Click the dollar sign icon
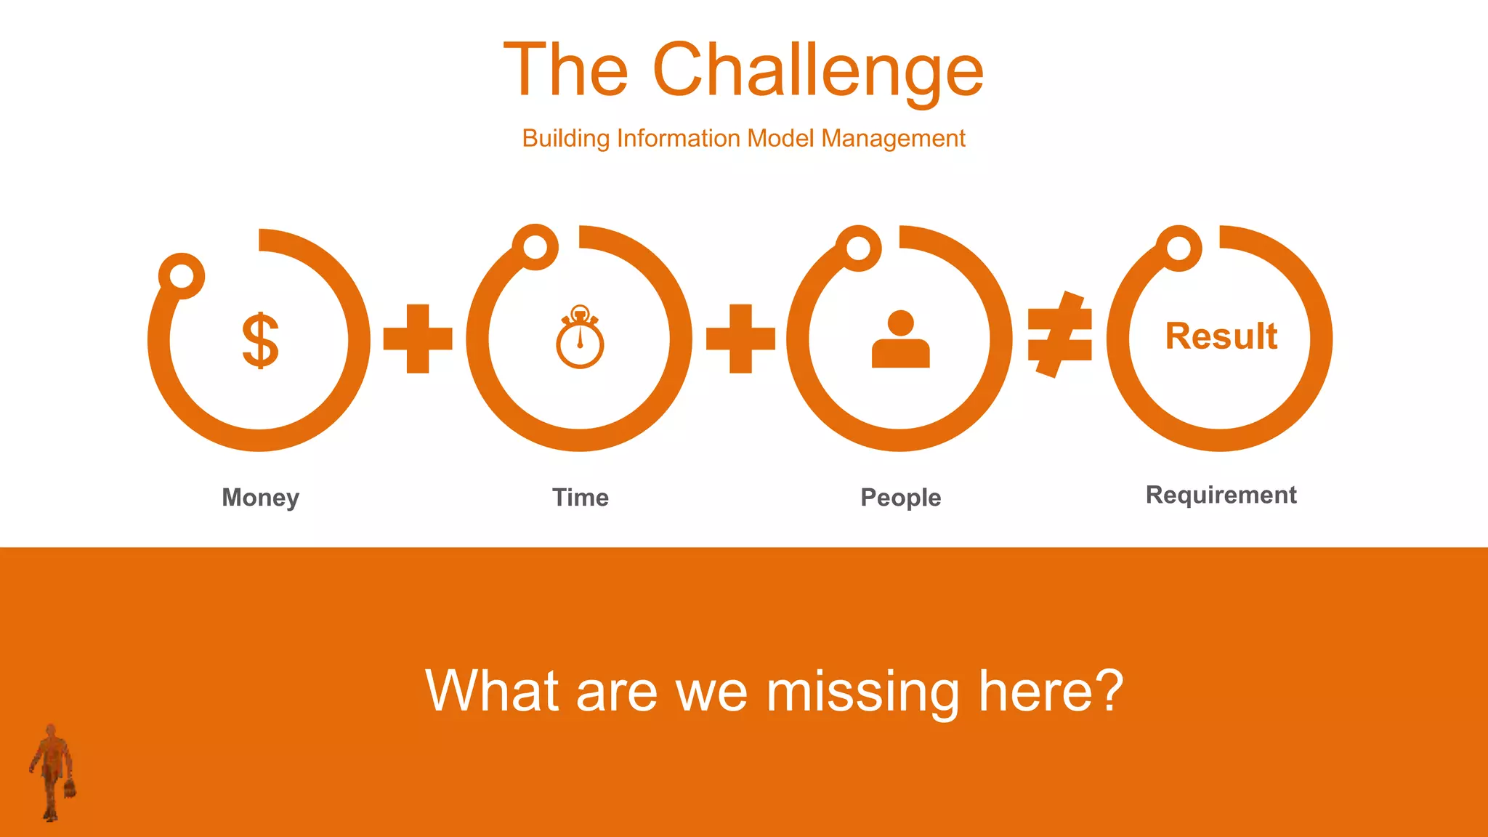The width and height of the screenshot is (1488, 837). point(260,341)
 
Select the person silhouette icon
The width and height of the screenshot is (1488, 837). point(900,339)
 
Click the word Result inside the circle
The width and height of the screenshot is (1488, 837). point(1221,336)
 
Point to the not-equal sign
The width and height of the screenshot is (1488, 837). point(1060,335)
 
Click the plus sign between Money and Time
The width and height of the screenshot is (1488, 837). point(418,339)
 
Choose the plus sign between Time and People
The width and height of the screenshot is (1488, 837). point(740,339)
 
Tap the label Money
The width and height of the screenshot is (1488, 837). point(260,498)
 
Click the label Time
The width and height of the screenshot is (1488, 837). point(581,498)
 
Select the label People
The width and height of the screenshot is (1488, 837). point(900,498)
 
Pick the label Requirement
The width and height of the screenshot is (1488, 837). point(1221,495)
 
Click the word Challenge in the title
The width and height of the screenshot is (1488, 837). point(818,70)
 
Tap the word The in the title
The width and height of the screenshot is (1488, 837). point(565,70)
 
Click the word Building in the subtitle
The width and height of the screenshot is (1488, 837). point(565,138)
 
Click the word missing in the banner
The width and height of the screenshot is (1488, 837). point(862,692)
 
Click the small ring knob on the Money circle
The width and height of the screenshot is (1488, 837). point(182,276)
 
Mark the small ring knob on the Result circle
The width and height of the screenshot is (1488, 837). point(1178,248)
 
